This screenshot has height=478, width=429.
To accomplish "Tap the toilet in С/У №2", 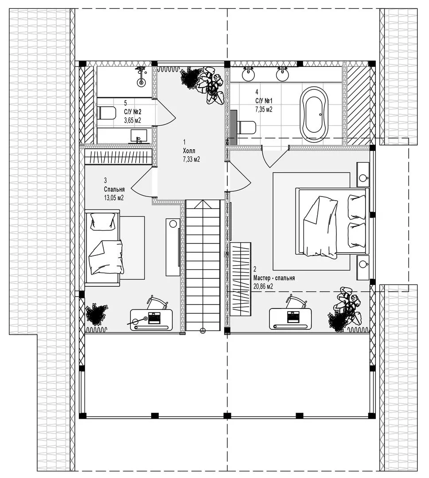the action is [x=106, y=113].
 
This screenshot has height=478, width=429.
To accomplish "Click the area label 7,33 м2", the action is [x=191, y=159].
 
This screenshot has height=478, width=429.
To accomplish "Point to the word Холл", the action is [x=189, y=151].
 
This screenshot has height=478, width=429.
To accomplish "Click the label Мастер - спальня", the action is [x=274, y=278].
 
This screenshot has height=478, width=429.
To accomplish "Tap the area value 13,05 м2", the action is [x=113, y=197].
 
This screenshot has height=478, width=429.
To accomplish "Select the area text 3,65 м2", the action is [x=132, y=120].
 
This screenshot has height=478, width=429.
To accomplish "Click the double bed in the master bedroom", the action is [x=332, y=222].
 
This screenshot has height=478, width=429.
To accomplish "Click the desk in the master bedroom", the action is [x=290, y=319].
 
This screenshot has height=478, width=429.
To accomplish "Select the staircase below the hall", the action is [x=203, y=266].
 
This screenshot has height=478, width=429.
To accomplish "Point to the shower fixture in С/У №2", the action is [x=141, y=76].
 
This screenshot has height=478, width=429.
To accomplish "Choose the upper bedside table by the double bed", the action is [x=363, y=175].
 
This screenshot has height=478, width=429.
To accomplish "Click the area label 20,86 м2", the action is [x=263, y=286].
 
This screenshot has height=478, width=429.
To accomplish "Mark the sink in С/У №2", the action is [x=139, y=136].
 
